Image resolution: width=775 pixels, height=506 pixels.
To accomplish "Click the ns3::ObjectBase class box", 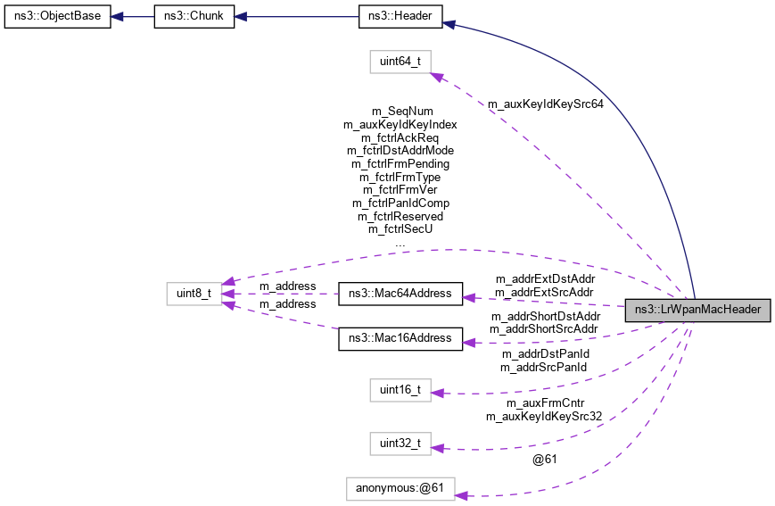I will [x=57, y=17].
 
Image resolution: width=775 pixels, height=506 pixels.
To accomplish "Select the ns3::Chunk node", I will [x=194, y=17].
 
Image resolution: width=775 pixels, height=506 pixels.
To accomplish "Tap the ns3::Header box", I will [x=400, y=17].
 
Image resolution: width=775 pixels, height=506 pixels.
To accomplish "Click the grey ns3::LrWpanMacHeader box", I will [x=697, y=310].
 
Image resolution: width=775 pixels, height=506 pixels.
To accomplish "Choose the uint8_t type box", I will [x=195, y=293].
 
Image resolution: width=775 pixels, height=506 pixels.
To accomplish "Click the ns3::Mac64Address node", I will [x=400, y=293].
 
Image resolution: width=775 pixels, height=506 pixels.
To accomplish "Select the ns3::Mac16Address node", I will [x=400, y=338].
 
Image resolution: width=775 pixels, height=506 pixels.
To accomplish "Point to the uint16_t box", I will [x=400, y=390].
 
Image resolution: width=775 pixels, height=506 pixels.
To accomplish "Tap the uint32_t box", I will [x=400, y=443].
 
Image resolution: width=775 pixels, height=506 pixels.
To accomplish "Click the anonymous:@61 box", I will [x=400, y=488].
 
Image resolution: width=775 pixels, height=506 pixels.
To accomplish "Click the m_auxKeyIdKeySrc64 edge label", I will [x=545, y=104].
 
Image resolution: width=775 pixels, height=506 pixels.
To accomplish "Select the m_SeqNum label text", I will [x=400, y=112].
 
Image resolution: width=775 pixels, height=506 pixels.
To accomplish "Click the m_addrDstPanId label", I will [x=544, y=354].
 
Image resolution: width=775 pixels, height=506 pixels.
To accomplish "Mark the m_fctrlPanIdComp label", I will [x=400, y=203].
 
